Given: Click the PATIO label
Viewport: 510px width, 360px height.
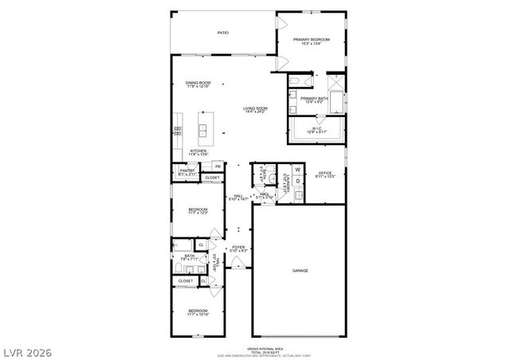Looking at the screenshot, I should pos(224,33).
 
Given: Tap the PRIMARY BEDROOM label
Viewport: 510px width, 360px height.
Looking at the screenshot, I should pos(312,41).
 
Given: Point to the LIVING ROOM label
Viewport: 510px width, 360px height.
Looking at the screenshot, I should pos(255,109).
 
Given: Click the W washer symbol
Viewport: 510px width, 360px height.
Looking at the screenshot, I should pos(298,169).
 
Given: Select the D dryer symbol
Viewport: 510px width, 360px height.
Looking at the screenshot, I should pos(298,182).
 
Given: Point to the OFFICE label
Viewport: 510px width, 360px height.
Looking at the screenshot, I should pos(324,174).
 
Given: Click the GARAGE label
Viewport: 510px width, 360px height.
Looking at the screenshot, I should pos(300,271).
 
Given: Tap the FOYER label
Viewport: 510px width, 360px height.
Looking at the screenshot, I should pos(237,248).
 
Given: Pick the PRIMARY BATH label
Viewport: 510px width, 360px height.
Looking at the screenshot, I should pos(313,100).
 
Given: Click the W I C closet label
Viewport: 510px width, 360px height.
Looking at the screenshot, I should pos(316,129).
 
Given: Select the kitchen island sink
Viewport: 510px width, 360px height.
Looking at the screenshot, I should pos(202,127).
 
